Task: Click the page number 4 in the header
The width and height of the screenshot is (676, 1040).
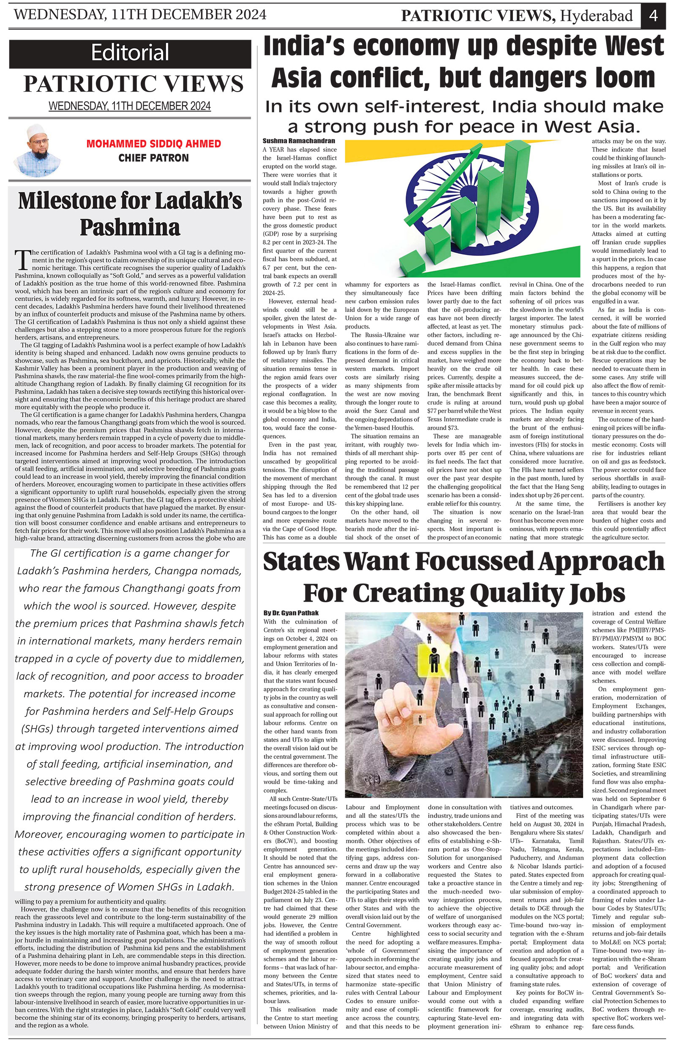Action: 654,16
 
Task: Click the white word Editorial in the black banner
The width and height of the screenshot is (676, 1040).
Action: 130,53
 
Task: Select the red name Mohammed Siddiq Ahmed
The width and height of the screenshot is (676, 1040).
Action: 153,144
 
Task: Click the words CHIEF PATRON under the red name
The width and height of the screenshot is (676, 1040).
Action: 153,158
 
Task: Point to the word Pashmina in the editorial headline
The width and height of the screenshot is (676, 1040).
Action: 130,227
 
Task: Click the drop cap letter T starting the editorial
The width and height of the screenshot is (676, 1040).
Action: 21,261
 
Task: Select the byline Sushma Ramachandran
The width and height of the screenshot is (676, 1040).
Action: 299,141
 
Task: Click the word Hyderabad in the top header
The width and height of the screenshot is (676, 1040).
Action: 597,16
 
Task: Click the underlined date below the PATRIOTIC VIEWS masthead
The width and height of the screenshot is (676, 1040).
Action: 130,106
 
